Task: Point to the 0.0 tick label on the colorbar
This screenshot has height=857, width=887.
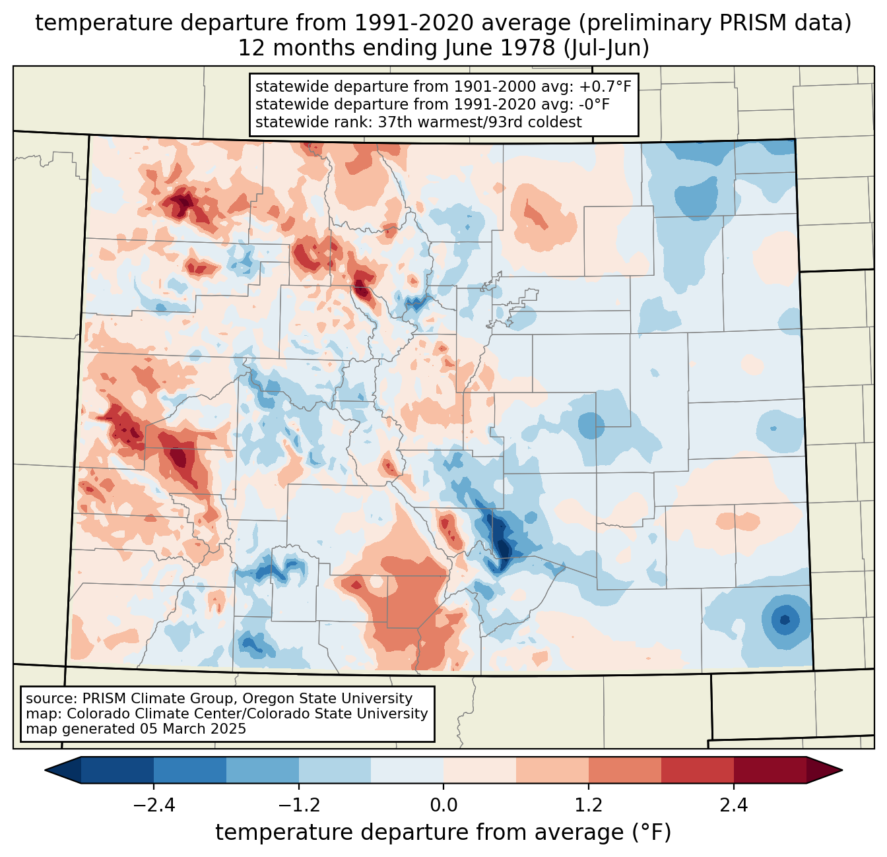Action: pos(443,806)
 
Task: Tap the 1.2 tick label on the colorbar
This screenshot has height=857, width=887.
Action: pos(589,806)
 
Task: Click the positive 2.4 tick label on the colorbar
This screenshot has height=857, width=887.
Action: pos(734,806)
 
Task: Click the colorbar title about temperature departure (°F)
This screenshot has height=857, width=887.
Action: pos(443,833)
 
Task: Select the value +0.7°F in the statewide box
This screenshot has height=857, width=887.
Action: pos(605,86)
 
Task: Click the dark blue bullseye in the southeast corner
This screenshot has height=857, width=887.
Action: pos(784,619)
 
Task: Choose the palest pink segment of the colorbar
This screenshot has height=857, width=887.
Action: pos(480,770)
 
